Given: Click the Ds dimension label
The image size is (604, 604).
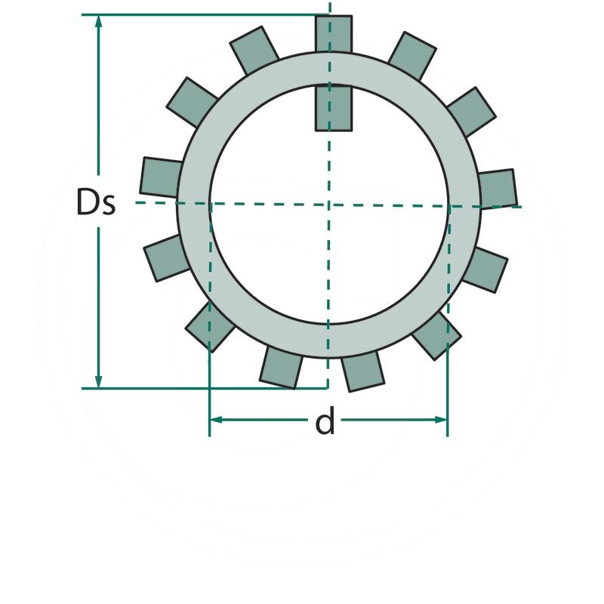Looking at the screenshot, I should click(x=96, y=202).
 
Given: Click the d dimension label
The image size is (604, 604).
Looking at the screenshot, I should click(x=325, y=423).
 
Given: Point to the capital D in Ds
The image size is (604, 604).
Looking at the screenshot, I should click(x=88, y=202).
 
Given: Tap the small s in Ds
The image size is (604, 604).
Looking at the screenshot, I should click(x=109, y=205).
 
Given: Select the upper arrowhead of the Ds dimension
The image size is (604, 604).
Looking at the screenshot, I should click(x=98, y=22).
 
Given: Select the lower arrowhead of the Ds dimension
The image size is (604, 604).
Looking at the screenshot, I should click(x=98, y=382).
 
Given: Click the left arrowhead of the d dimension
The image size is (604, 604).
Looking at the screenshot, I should click(x=215, y=419).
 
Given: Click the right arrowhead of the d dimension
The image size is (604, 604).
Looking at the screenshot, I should click(x=442, y=419).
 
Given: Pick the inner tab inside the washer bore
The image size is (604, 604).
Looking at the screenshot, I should click(x=334, y=108).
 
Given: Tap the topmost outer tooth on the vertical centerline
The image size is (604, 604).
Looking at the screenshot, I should click(x=334, y=34).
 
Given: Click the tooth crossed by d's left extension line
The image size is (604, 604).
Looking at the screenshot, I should click(x=209, y=327).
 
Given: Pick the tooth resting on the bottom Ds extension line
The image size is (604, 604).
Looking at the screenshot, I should click(x=282, y=368).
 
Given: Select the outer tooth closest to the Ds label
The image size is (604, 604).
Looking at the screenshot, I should click(x=161, y=177).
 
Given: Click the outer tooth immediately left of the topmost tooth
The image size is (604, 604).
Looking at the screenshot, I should click(x=254, y=50).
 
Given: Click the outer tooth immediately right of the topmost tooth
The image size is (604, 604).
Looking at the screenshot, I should click(x=411, y=54).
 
